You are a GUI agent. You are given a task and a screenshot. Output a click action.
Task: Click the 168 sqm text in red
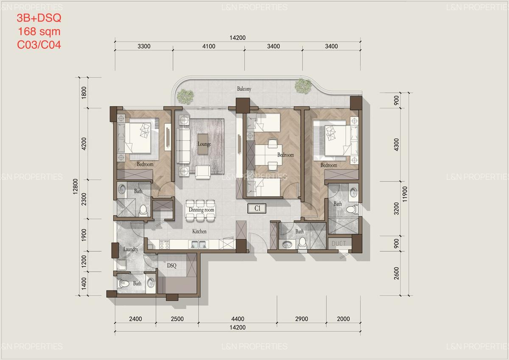click(x=39, y=31)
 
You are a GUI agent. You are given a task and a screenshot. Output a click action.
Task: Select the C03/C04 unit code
click(x=39, y=45)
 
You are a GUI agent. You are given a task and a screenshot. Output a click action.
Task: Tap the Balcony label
click(x=244, y=89)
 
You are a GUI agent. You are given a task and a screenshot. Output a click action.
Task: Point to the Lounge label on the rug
click(x=204, y=144)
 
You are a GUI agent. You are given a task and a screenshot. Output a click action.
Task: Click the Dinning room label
click(x=201, y=210)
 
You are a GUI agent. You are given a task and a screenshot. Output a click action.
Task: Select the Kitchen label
click(x=199, y=232)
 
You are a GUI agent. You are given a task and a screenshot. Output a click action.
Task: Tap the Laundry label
click(x=131, y=249)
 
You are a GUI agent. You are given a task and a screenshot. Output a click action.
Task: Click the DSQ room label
click(x=171, y=266)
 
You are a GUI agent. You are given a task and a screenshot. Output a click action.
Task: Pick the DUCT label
click(x=339, y=243)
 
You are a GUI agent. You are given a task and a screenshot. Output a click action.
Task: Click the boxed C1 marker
click(x=257, y=208)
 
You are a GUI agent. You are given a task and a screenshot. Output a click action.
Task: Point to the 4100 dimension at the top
click(x=209, y=47)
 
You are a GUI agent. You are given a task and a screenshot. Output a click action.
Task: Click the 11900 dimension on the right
click(x=408, y=193)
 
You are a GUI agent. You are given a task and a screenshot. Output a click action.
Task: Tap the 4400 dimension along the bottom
click(x=238, y=319)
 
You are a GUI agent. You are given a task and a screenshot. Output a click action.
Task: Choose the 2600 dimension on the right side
click(x=397, y=275)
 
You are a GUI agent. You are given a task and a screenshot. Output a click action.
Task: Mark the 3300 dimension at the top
click(x=144, y=47)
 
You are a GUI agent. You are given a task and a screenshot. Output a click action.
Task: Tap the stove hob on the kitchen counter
click(x=164, y=244)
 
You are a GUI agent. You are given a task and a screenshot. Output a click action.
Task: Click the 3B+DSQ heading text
click(x=39, y=18)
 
